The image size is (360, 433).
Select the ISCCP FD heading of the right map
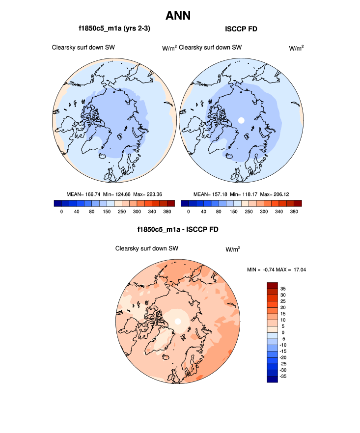[x=241, y=29]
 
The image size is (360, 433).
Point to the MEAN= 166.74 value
[x=83, y=194]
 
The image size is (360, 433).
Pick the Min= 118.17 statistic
[x=244, y=194]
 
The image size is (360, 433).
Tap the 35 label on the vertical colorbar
[x=283, y=288]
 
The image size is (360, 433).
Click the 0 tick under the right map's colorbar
[x=189, y=212]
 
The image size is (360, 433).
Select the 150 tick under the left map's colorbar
[x=107, y=212]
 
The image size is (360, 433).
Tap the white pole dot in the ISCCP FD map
[x=241, y=120]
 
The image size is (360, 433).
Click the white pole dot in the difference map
[x=178, y=321]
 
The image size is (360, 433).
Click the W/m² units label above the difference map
[x=233, y=249]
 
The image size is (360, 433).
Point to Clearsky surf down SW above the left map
[x=83, y=48]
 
